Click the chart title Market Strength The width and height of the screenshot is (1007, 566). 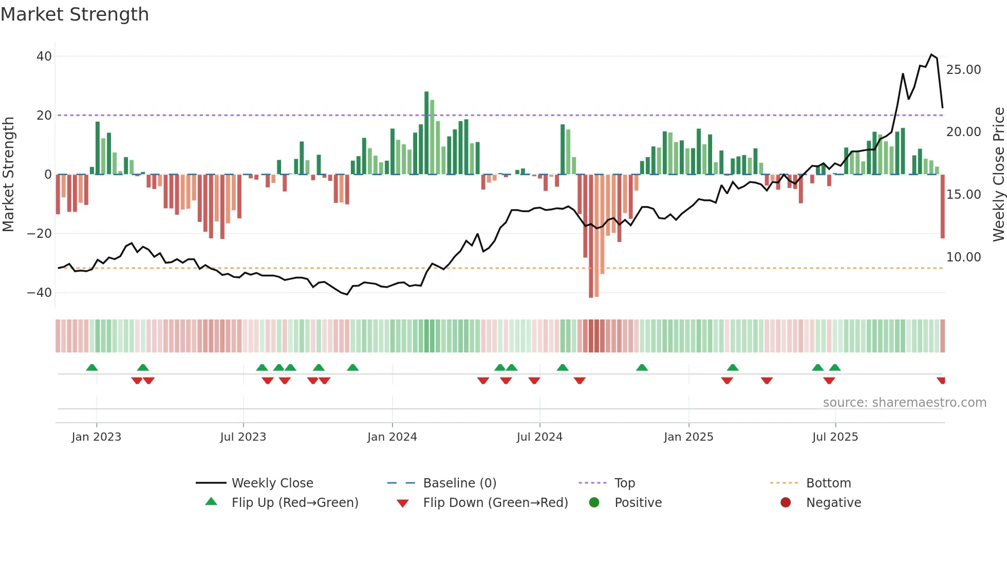[x=74, y=14]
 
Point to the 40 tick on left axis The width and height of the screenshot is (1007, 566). [x=44, y=56]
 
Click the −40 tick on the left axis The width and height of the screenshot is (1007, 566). [x=40, y=293]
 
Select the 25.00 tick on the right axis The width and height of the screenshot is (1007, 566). [x=963, y=70]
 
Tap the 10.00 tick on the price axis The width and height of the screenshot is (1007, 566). [x=963, y=257]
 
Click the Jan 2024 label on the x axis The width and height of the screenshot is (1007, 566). [x=392, y=437]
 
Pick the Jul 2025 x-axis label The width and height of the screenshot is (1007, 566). [x=835, y=437]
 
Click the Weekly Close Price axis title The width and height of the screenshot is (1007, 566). [x=998, y=175]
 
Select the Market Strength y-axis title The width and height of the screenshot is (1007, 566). [x=8, y=175]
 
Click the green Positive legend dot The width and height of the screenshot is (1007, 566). [x=594, y=503]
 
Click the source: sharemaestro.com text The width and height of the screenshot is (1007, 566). [x=904, y=403]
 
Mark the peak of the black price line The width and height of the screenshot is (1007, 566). [x=931, y=54]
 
